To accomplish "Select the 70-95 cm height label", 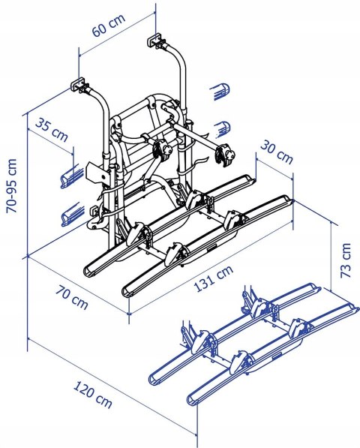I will (x=10, y=185).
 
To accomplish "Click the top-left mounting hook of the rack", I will (x=77, y=85).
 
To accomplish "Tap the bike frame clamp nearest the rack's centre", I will (x=159, y=150).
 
